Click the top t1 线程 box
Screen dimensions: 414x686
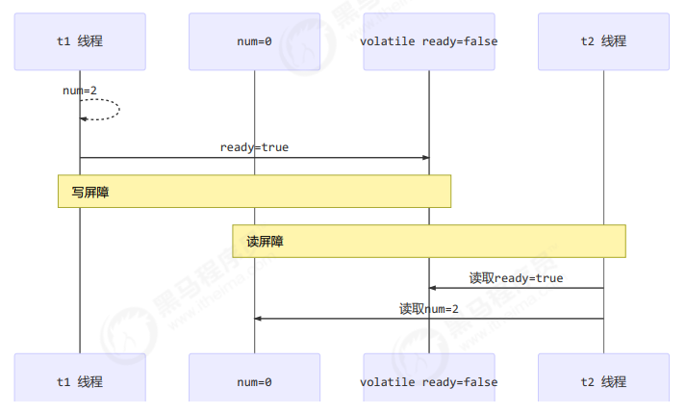click(80, 41)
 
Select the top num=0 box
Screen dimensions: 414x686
click(254, 41)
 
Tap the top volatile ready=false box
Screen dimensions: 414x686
click(429, 41)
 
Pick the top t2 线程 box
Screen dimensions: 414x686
click(603, 41)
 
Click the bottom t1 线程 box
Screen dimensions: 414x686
click(80, 381)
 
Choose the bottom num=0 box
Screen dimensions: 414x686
click(254, 381)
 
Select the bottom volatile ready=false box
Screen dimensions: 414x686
click(429, 381)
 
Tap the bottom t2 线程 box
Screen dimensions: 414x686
click(603, 381)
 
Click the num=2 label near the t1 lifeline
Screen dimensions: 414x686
click(80, 91)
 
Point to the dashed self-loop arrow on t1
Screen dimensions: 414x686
click(117, 109)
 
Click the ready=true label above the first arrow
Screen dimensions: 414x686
click(254, 147)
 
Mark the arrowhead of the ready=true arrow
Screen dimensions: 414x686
click(425, 158)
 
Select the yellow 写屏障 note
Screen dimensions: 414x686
click(254, 192)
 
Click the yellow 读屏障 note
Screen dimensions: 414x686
click(429, 241)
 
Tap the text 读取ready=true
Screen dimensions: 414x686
click(516, 278)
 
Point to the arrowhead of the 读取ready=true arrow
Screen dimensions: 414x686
click(433, 288)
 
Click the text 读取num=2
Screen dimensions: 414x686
click(429, 309)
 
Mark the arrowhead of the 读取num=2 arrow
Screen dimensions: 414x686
click(258, 319)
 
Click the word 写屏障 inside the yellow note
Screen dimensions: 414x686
click(90, 193)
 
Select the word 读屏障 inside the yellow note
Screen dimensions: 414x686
click(265, 242)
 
